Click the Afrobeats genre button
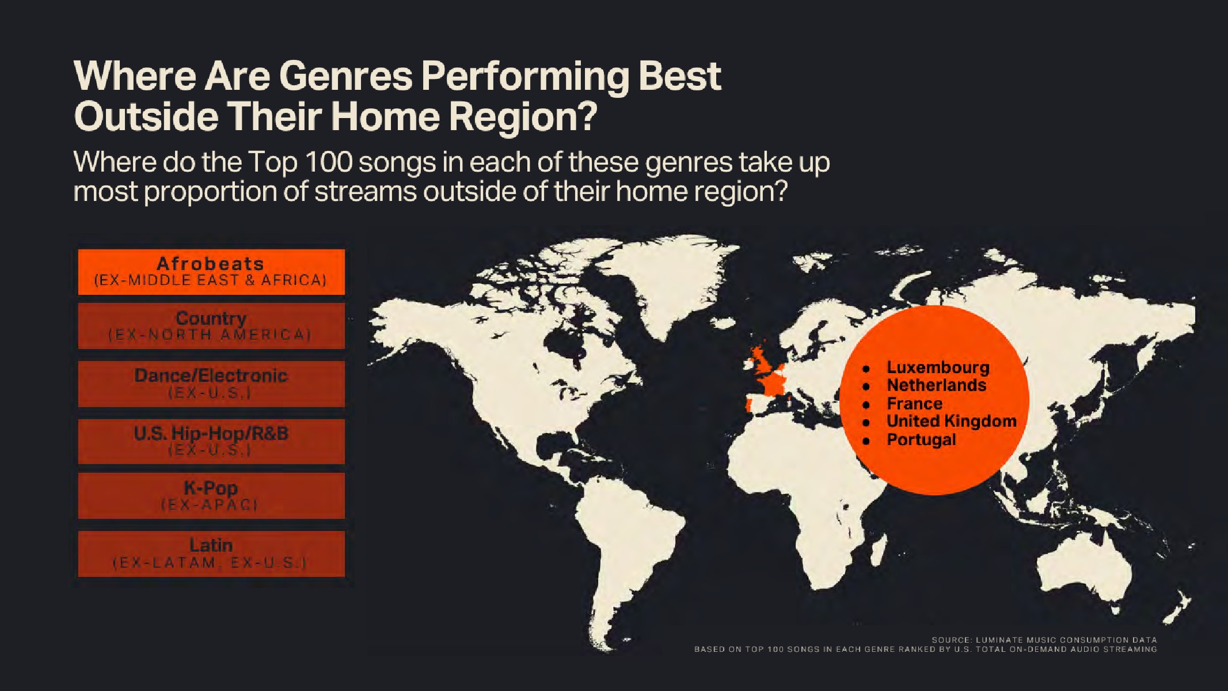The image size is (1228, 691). (x=211, y=272)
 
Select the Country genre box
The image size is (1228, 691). (x=211, y=326)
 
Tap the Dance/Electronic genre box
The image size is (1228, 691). (x=211, y=384)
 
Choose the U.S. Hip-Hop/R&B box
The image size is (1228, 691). (x=211, y=441)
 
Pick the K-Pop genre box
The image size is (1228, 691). (x=211, y=496)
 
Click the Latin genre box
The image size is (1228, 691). (x=211, y=553)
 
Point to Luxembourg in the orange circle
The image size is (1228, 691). (x=938, y=367)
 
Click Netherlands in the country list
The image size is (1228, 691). (x=937, y=385)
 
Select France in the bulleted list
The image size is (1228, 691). (x=914, y=403)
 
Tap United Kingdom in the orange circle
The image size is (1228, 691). (x=952, y=421)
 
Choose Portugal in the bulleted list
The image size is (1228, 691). (x=921, y=439)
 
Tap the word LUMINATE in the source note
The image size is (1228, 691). (x=1000, y=640)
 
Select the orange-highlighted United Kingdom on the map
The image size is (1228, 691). (x=761, y=360)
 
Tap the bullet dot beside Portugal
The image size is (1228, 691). (x=865, y=441)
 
